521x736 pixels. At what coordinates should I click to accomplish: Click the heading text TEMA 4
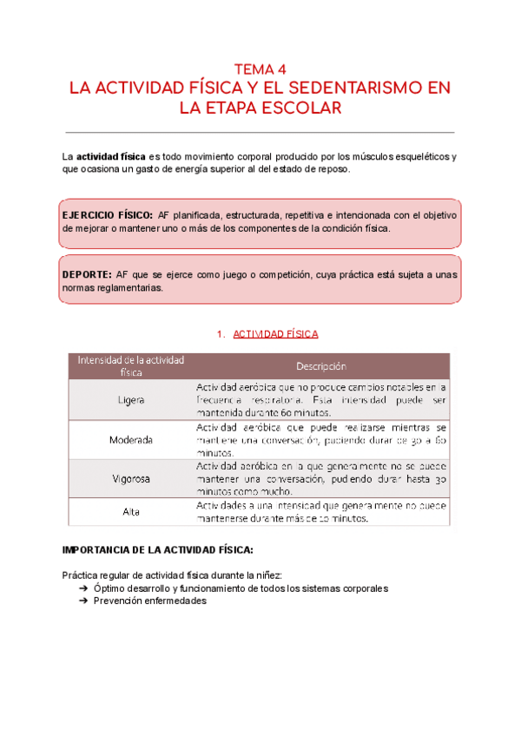(260, 69)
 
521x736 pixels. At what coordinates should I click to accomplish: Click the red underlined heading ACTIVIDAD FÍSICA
(274, 333)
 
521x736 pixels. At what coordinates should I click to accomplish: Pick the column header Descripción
(320, 366)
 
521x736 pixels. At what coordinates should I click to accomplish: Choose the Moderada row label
(132, 440)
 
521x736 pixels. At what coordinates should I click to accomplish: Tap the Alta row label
(132, 511)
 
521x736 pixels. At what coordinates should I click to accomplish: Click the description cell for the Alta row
(320, 511)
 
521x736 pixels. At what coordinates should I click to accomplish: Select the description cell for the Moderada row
(320, 440)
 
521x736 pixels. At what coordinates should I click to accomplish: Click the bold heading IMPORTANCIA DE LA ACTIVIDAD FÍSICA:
(158, 550)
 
